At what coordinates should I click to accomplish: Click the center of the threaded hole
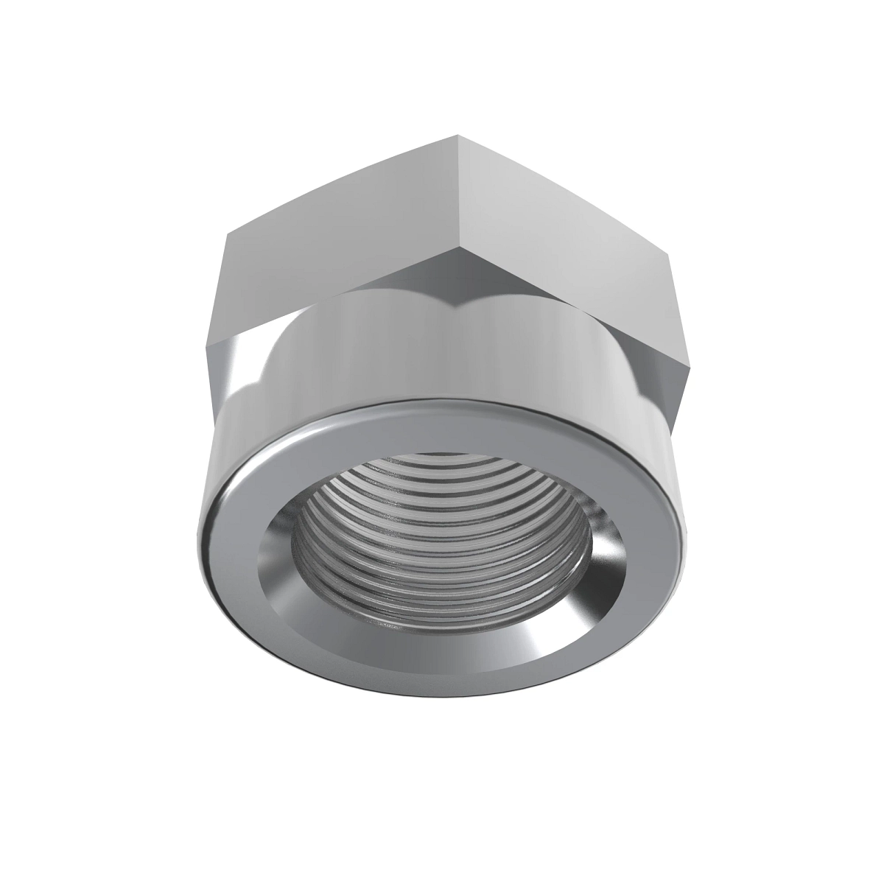pos(442,545)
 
